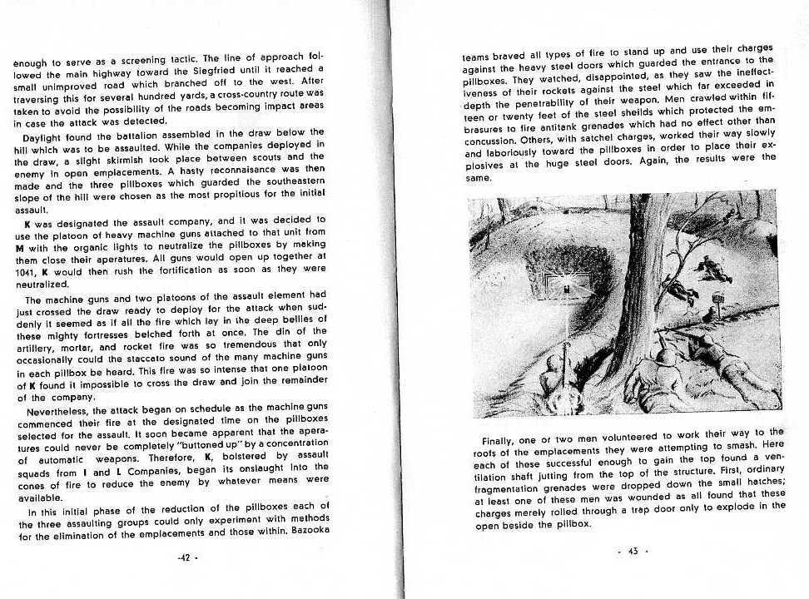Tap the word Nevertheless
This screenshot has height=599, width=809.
pyautogui.click(x=62, y=411)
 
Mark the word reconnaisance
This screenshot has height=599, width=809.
pyautogui.click(x=231, y=169)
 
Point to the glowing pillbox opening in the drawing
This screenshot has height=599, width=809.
pyautogui.click(x=567, y=288)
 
